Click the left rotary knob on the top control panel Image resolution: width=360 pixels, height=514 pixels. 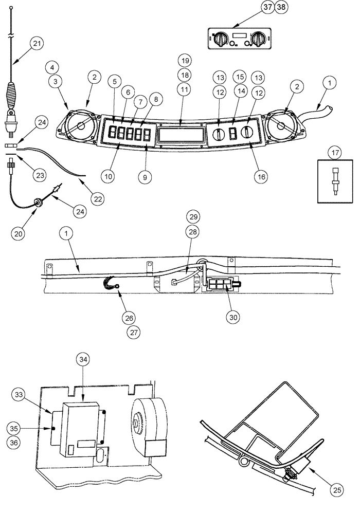click(x=222, y=38)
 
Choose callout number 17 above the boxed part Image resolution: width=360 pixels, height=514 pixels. click(x=335, y=153)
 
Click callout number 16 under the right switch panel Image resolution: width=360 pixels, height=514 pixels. click(x=261, y=175)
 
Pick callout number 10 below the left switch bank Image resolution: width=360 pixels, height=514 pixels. click(x=109, y=176)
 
